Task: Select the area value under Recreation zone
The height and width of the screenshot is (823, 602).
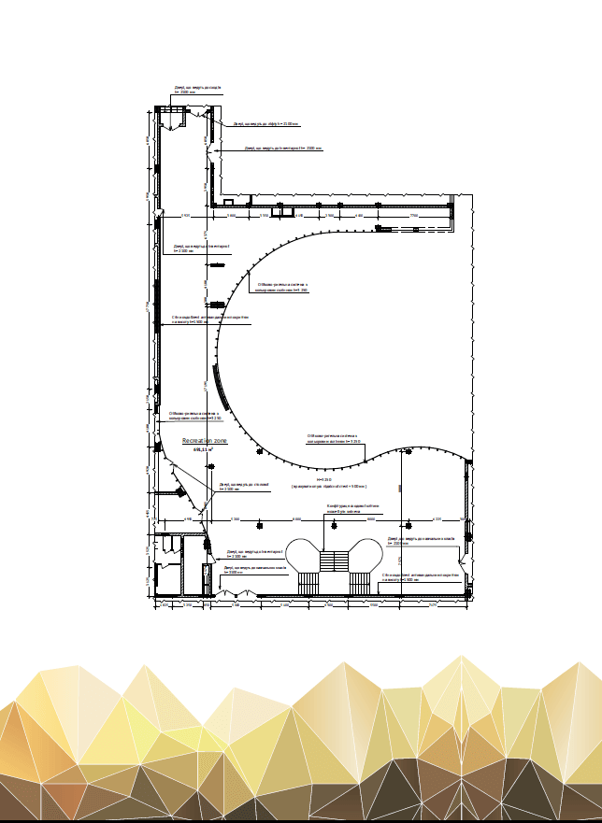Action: point(202,449)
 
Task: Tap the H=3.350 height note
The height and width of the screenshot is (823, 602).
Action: point(325,479)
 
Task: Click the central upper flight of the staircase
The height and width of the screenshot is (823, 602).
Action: point(333,560)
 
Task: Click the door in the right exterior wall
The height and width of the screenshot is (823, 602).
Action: point(461,565)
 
